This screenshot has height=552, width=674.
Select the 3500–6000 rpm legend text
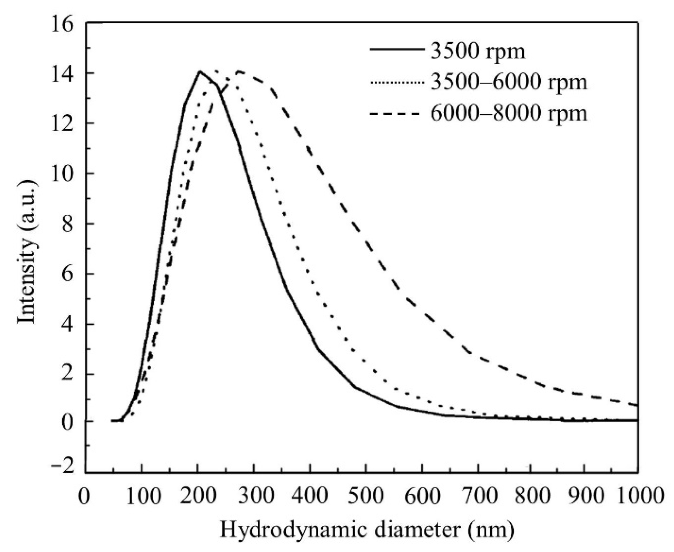509,82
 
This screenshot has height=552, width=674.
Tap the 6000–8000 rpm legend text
509,113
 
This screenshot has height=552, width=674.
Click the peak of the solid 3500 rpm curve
200,71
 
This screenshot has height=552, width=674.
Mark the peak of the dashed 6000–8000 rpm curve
239,71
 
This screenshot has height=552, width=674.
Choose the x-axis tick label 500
366,496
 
